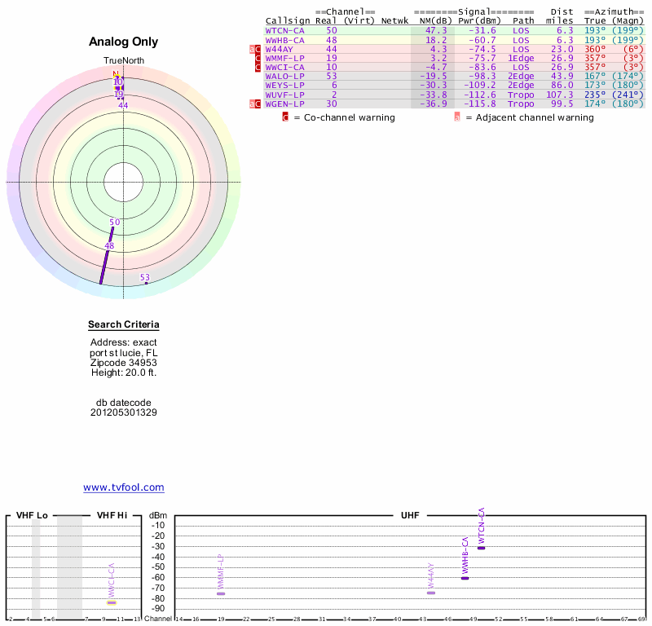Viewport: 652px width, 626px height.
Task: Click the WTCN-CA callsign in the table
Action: point(284,30)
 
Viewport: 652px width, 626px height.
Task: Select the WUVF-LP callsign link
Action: point(284,94)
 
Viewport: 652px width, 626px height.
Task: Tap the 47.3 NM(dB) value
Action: point(438,30)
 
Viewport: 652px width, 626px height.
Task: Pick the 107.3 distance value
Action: point(560,94)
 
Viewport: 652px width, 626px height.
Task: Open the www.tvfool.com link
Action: point(124,487)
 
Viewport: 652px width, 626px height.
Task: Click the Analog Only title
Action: point(124,42)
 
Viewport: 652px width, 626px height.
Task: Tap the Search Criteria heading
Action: point(124,324)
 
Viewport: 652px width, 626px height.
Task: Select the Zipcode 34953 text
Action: point(124,363)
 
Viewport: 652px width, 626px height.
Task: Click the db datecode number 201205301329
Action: point(124,412)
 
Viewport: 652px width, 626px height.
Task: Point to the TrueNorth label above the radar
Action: point(123,61)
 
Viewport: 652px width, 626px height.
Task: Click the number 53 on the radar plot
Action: point(145,278)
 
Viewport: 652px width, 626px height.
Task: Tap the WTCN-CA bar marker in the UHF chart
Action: point(482,548)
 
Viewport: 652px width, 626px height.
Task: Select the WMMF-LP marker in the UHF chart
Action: point(221,593)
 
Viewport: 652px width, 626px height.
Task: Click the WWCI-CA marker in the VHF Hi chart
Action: point(112,602)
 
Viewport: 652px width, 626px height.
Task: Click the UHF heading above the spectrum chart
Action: point(410,516)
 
